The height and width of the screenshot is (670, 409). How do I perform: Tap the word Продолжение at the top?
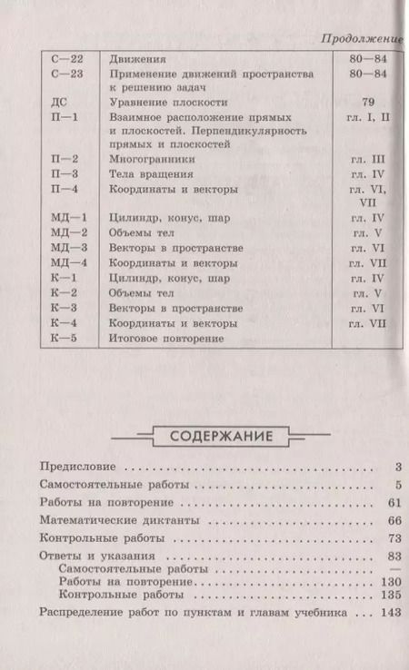361,39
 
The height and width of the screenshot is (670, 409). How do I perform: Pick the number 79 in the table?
367,103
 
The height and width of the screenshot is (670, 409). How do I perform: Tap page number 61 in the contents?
392,502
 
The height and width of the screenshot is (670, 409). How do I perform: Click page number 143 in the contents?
390,614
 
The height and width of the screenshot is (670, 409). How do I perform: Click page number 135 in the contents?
390,595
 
